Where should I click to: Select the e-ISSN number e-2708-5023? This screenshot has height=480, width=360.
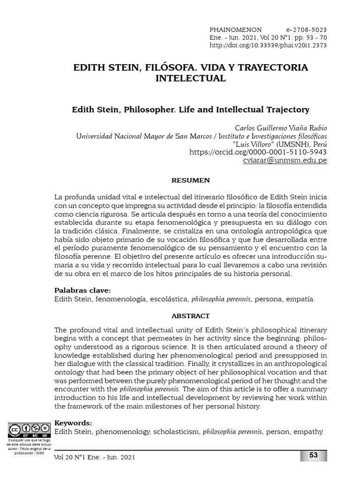(306, 29)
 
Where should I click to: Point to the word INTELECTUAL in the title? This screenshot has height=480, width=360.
(191, 78)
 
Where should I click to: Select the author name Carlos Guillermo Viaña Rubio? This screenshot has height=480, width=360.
(280, 128)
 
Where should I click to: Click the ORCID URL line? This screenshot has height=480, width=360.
(258, 152)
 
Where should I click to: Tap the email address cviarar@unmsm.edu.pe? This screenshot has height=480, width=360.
(285, 160)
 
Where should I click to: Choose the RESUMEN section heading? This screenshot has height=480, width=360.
(190, 180)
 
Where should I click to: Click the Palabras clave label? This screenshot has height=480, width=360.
(82, 290)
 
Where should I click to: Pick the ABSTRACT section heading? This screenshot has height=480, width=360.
(190, 316)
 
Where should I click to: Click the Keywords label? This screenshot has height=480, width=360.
(74, 422)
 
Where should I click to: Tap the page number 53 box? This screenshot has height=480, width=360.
(313, 455)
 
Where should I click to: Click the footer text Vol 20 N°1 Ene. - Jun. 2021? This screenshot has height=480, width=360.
(95, 457)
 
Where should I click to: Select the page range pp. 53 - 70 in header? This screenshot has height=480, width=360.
(307, 37)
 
